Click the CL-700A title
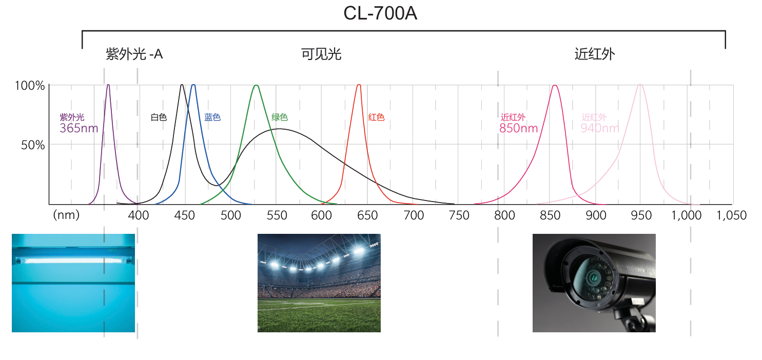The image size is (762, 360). tap(380, 14)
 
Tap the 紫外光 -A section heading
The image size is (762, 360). tap(134, 54)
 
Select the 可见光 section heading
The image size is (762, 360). tap(321, 54)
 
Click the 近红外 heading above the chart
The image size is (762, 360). tap(595, 54)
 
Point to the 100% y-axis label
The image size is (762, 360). tap(30, 86)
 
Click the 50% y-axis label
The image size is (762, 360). tap(33, 145)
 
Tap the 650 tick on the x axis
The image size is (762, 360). tap(367, 215)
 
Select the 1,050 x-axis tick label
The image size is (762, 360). tap(732, 215)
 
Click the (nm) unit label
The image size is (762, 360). tap(66, 215)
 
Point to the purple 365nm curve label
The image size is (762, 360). tap(79, 128)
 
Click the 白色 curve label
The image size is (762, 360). tap(159, 117)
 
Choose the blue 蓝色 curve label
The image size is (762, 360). tap(212, 117)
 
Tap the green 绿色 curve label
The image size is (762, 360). tap(280, 117)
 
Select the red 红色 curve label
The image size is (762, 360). tap(376, 117)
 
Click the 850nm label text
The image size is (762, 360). tap(518, 128)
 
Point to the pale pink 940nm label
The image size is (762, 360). tap(599, 128)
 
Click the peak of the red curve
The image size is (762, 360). tap(359, 85)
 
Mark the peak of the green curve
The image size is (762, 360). tap(256, 86)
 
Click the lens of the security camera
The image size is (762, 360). tap(590, 277)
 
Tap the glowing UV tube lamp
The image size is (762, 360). tap(72, 260)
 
